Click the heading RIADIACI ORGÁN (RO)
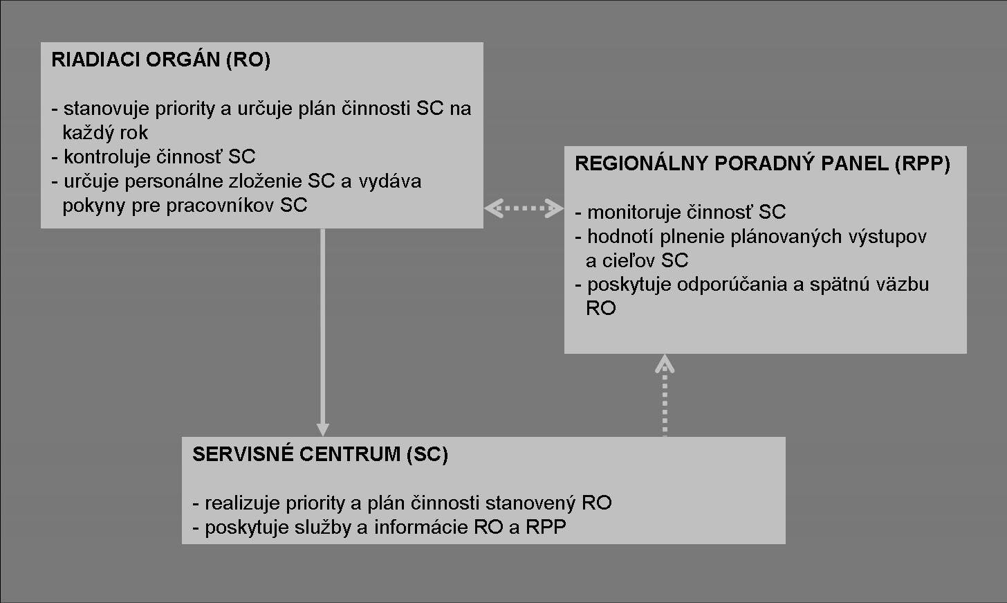tap(161, 60)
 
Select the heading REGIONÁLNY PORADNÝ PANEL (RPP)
tap(762, 163)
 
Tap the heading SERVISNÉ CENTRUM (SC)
tap(320, 454)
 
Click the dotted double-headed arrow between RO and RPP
tap(524, 208)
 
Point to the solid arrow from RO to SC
tap(322, 332)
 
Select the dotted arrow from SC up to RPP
tap(665, 395)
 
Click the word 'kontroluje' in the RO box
tap(107, 156)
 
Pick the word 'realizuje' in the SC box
tap(242, 503)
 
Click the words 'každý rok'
tap(105, 133)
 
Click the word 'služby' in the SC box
tap(323, 527)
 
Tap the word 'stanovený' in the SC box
tap(530, 503)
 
